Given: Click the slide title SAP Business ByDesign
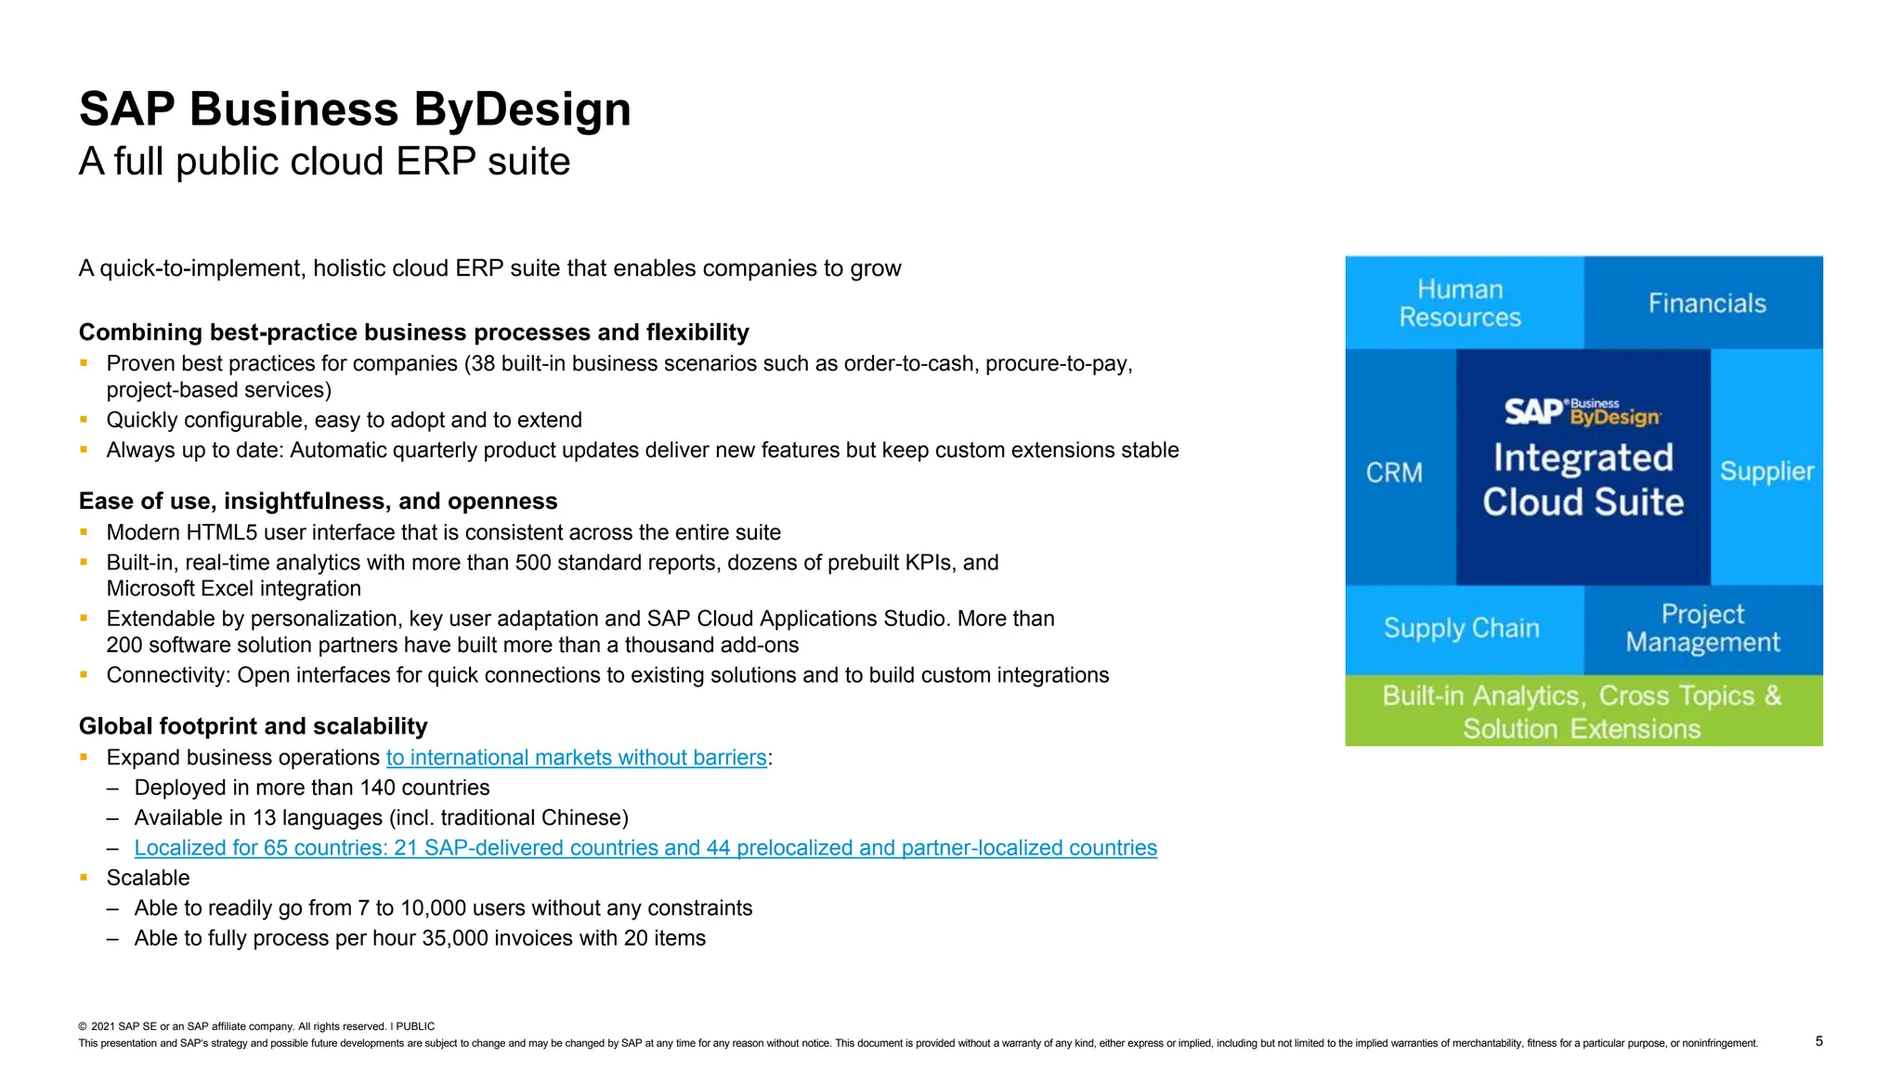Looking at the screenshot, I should [x=355, y=109].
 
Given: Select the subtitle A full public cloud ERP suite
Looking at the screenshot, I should [x=324, y=162].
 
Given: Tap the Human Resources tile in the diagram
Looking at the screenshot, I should [x=1460, y=303].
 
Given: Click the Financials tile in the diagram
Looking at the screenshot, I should [x=1706, y=304].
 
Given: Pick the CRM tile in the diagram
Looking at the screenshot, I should [x=1394, y=473].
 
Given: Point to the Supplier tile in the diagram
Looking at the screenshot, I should [x=1766, y=472].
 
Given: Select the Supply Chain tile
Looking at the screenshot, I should [x=1461, y=629].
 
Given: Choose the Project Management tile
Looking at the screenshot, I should [x=1702, y=629].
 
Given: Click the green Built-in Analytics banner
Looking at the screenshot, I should [x=1583, y=711].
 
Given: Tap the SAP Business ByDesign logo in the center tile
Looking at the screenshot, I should [x=1583, y=411].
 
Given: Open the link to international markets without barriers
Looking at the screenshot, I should [x=576, y=758].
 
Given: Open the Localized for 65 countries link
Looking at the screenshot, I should [x=645, y=848].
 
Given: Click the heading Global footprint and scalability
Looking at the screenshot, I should [x=253, y=726].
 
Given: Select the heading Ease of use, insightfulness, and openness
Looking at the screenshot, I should [x=318, y=502].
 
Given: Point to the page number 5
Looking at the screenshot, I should [x=1818, y=1041].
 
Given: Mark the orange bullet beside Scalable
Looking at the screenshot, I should [x=84, y=877].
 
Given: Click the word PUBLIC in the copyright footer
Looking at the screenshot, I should [x=415, y=1026].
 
